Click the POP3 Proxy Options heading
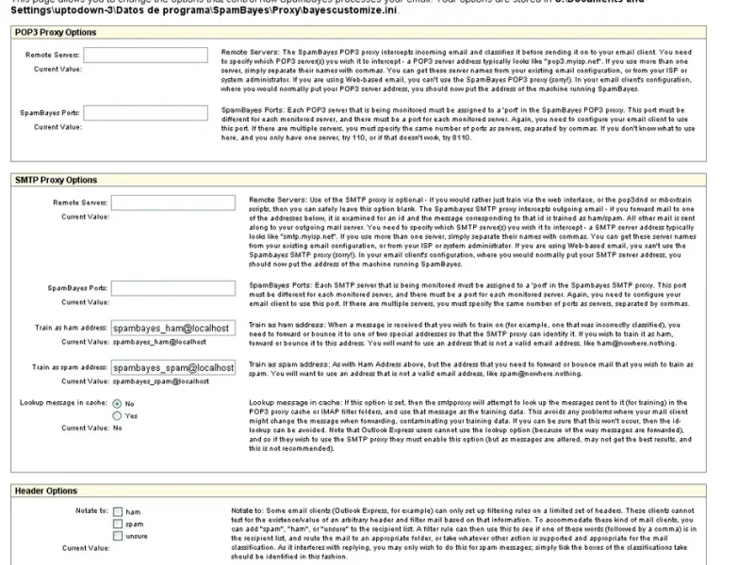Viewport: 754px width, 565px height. [x=56, y=33]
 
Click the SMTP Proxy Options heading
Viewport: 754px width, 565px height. [x=57, y=180]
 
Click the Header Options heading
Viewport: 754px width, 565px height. [x=46, y=491]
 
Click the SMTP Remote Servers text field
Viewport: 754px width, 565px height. [x=172, y=202]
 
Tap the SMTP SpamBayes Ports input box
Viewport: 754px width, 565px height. [x=172, y=288]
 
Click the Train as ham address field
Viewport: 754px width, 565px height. [x=172, y=329]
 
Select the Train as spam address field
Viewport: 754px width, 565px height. [x=172, y=367]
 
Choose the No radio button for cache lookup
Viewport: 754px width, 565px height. [x=118, y=403]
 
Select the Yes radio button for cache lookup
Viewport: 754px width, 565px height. [x=118, y=415]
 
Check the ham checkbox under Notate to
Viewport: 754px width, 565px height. [x=118, y=512]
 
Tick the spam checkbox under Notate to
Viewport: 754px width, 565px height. [x=118, y=525]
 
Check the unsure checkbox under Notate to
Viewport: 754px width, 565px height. [x=118, y=537]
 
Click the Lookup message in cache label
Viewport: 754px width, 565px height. [x=62, y=403]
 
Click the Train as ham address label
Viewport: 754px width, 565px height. [x=69, y=329]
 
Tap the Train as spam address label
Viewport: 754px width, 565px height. [x=69, y=367]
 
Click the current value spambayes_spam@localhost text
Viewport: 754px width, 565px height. [x=148, y=381]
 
